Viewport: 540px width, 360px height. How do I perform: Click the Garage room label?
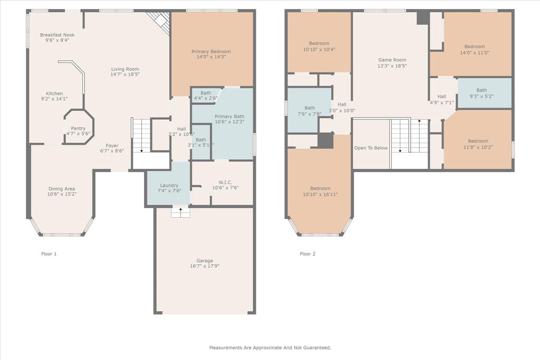(205, 261)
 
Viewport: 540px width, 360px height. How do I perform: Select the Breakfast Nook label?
(57, 35)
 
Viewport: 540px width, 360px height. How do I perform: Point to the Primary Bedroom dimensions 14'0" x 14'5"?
(211, 57)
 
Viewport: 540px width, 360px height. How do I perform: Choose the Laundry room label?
(169, 186)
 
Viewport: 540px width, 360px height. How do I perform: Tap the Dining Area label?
(62, 189)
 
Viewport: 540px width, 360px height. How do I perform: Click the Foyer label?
(112, 145)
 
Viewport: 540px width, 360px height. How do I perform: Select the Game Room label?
(392, 60)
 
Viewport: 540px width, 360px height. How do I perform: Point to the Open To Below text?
(371, 148)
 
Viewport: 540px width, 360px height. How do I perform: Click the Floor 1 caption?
(49, 254)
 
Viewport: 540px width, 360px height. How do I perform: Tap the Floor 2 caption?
(307, 254)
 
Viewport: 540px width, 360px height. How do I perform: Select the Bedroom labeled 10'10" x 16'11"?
(320, 189)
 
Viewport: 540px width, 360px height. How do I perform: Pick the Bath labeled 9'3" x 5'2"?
(481, 90)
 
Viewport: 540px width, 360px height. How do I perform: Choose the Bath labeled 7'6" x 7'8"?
(310, 108)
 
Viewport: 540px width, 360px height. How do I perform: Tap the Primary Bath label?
(229, 116)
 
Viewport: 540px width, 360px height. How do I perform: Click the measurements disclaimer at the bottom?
(270, 348)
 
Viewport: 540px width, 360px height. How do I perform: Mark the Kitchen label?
(54, 93)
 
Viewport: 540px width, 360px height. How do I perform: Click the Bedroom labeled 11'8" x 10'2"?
(478, 141)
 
